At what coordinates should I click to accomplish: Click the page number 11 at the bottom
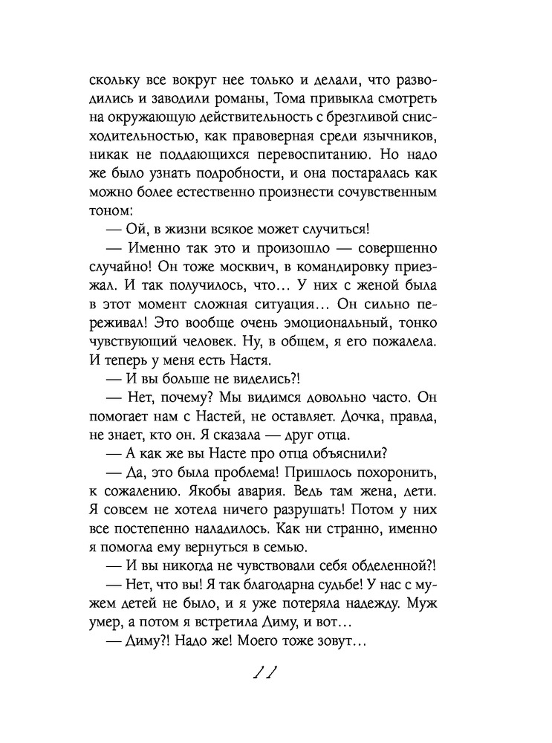[265, 674]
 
